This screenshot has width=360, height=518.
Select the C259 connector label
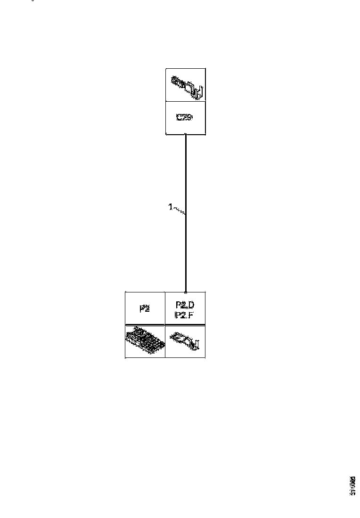[x=184, y=117]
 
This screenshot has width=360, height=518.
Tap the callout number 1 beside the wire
[x=171, y=206]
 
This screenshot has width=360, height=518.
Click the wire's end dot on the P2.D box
[x=186, y=291]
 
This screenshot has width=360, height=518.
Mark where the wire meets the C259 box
[x=186, y=135]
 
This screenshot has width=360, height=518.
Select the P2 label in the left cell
[x=145, y=309]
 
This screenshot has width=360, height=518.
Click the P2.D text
[x=184, y=305]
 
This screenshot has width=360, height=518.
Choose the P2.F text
[x=184, y=315]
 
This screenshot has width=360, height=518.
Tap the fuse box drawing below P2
[x=145, y=340]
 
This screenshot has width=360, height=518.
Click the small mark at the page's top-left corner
[x=33, y=1]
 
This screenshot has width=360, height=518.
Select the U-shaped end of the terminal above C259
[x=199, y=91]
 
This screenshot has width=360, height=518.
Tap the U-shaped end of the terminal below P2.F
[x=196, y=345]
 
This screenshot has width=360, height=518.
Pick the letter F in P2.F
[x=191, y=315]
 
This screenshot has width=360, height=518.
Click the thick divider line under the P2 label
[x=145, y=324]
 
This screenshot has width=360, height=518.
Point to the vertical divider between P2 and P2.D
[x=165, y=308]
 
